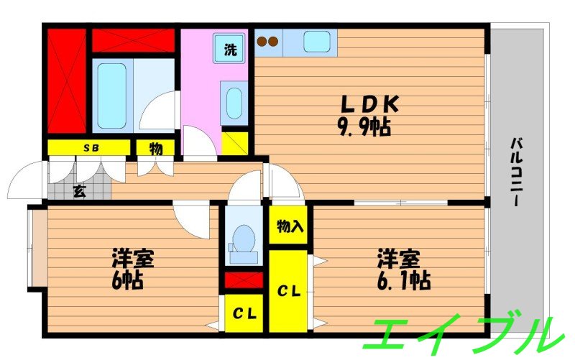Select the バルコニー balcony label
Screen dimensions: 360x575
[516, 172]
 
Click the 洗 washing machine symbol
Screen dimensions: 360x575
[230, 50]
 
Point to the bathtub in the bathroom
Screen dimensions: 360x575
[111, 95]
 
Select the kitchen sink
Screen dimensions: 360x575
[316, 42]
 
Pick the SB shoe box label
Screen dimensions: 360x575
[91, 148]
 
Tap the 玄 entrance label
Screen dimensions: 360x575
[78, 191]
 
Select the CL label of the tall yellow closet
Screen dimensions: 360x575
[289, 290]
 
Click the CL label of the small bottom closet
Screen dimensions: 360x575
[244, 314]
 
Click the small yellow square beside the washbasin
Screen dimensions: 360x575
[234, 141]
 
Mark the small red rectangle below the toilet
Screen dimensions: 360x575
[244, 280]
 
